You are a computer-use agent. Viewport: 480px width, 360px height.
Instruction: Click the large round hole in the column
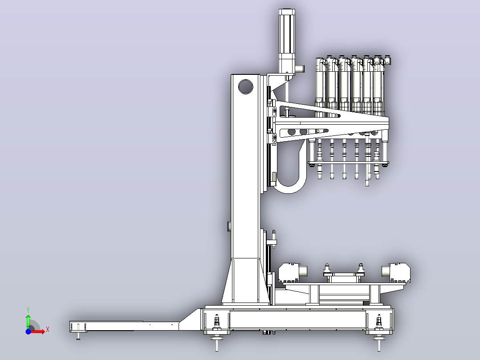245,87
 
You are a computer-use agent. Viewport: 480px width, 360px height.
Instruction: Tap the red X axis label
48,330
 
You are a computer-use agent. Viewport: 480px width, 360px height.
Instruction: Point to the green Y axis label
28,310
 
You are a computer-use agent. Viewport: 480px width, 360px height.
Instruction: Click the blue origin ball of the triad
28,331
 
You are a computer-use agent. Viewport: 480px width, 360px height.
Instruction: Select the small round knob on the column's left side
229,226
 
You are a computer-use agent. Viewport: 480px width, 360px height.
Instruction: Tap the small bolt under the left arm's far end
78,336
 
